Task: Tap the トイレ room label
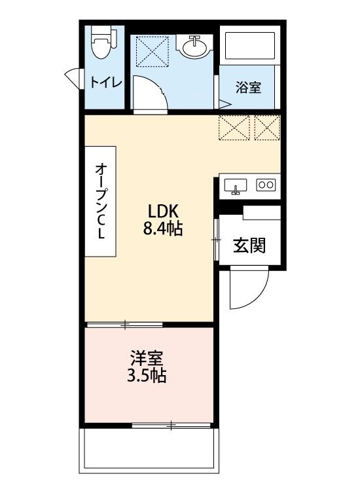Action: click(x=105, y=82)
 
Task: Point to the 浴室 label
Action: click(x=248, y=88)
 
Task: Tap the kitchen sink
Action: click(x=236, y=185)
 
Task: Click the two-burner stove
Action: click(x=267, y=185)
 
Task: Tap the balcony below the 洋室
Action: click(x=148, y=452)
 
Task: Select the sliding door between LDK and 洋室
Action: click(x=125, y=323)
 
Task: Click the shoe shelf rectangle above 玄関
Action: click(x=261, y=212)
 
